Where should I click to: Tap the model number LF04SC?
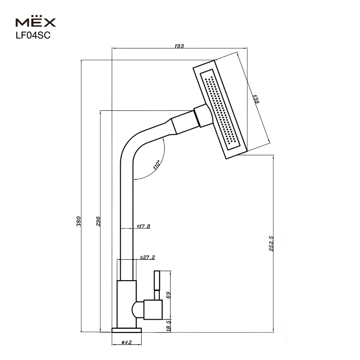coord(33,35)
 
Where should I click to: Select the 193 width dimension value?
coord(179,46)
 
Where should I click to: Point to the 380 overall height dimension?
coord(78,221)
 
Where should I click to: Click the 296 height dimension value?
coord(98,221)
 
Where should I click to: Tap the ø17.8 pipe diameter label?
coord(144,226)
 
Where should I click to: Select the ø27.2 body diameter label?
coord(147,257)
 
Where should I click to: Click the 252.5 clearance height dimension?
coord(271,244)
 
